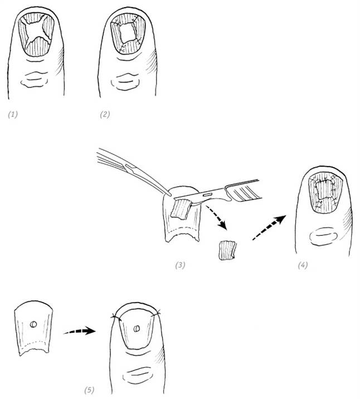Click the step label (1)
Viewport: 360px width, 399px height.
pos(13,114)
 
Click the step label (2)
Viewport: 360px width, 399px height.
pos(105,114)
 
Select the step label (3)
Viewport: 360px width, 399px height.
pos(180,265)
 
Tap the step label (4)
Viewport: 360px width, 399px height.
pos(303,265)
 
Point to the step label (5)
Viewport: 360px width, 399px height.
pos(89,390)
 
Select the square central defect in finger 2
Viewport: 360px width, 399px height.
pos(128,33)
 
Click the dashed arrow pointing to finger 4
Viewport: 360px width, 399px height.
pos(269,227)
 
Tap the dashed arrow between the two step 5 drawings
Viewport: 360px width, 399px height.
pos(79,331)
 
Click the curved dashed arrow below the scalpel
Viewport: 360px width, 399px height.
pos(217,217)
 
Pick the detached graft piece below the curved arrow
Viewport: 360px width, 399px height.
pos(227,251)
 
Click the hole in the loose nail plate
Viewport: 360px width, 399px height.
pos(33,324)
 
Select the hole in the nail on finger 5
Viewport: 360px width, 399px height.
pos(137,329)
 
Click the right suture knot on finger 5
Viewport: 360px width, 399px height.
pos(155,314)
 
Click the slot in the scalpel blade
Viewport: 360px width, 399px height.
pos(208,194)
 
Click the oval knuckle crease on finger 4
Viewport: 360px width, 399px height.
pos(323,236)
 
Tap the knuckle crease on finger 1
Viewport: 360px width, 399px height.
pos(35,80)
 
